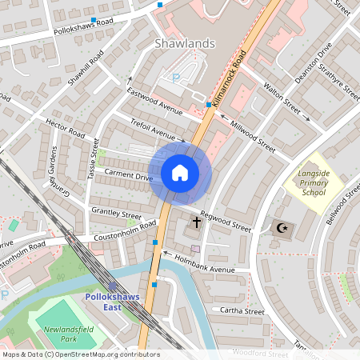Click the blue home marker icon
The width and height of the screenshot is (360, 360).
pos(180,173)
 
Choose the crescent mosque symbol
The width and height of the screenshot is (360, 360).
pos(281,228)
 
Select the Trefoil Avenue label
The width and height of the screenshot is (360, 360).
pos(151,130)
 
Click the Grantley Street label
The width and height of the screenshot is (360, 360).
pos(116,214)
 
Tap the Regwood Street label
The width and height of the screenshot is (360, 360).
pos(226,221)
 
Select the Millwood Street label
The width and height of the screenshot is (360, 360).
pos(252,137)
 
